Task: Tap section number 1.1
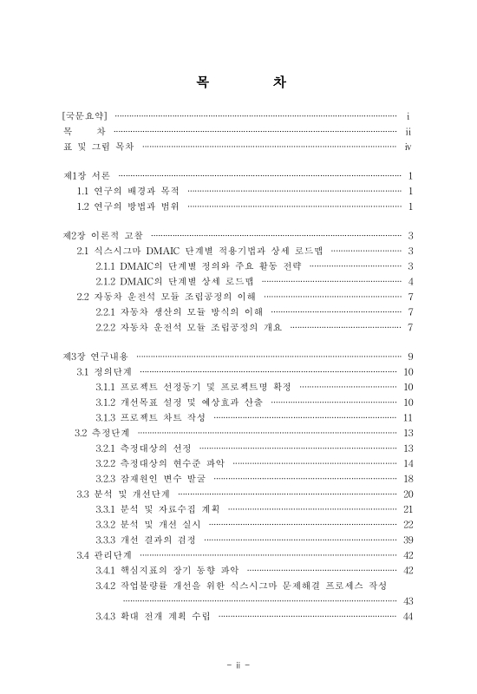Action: (x=84, y=191)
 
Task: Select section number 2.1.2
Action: (x=109, y=281)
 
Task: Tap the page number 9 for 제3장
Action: (x=408, y=357)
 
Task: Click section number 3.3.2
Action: (x=109, y=524)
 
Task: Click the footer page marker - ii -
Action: (x=238, y=665)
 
